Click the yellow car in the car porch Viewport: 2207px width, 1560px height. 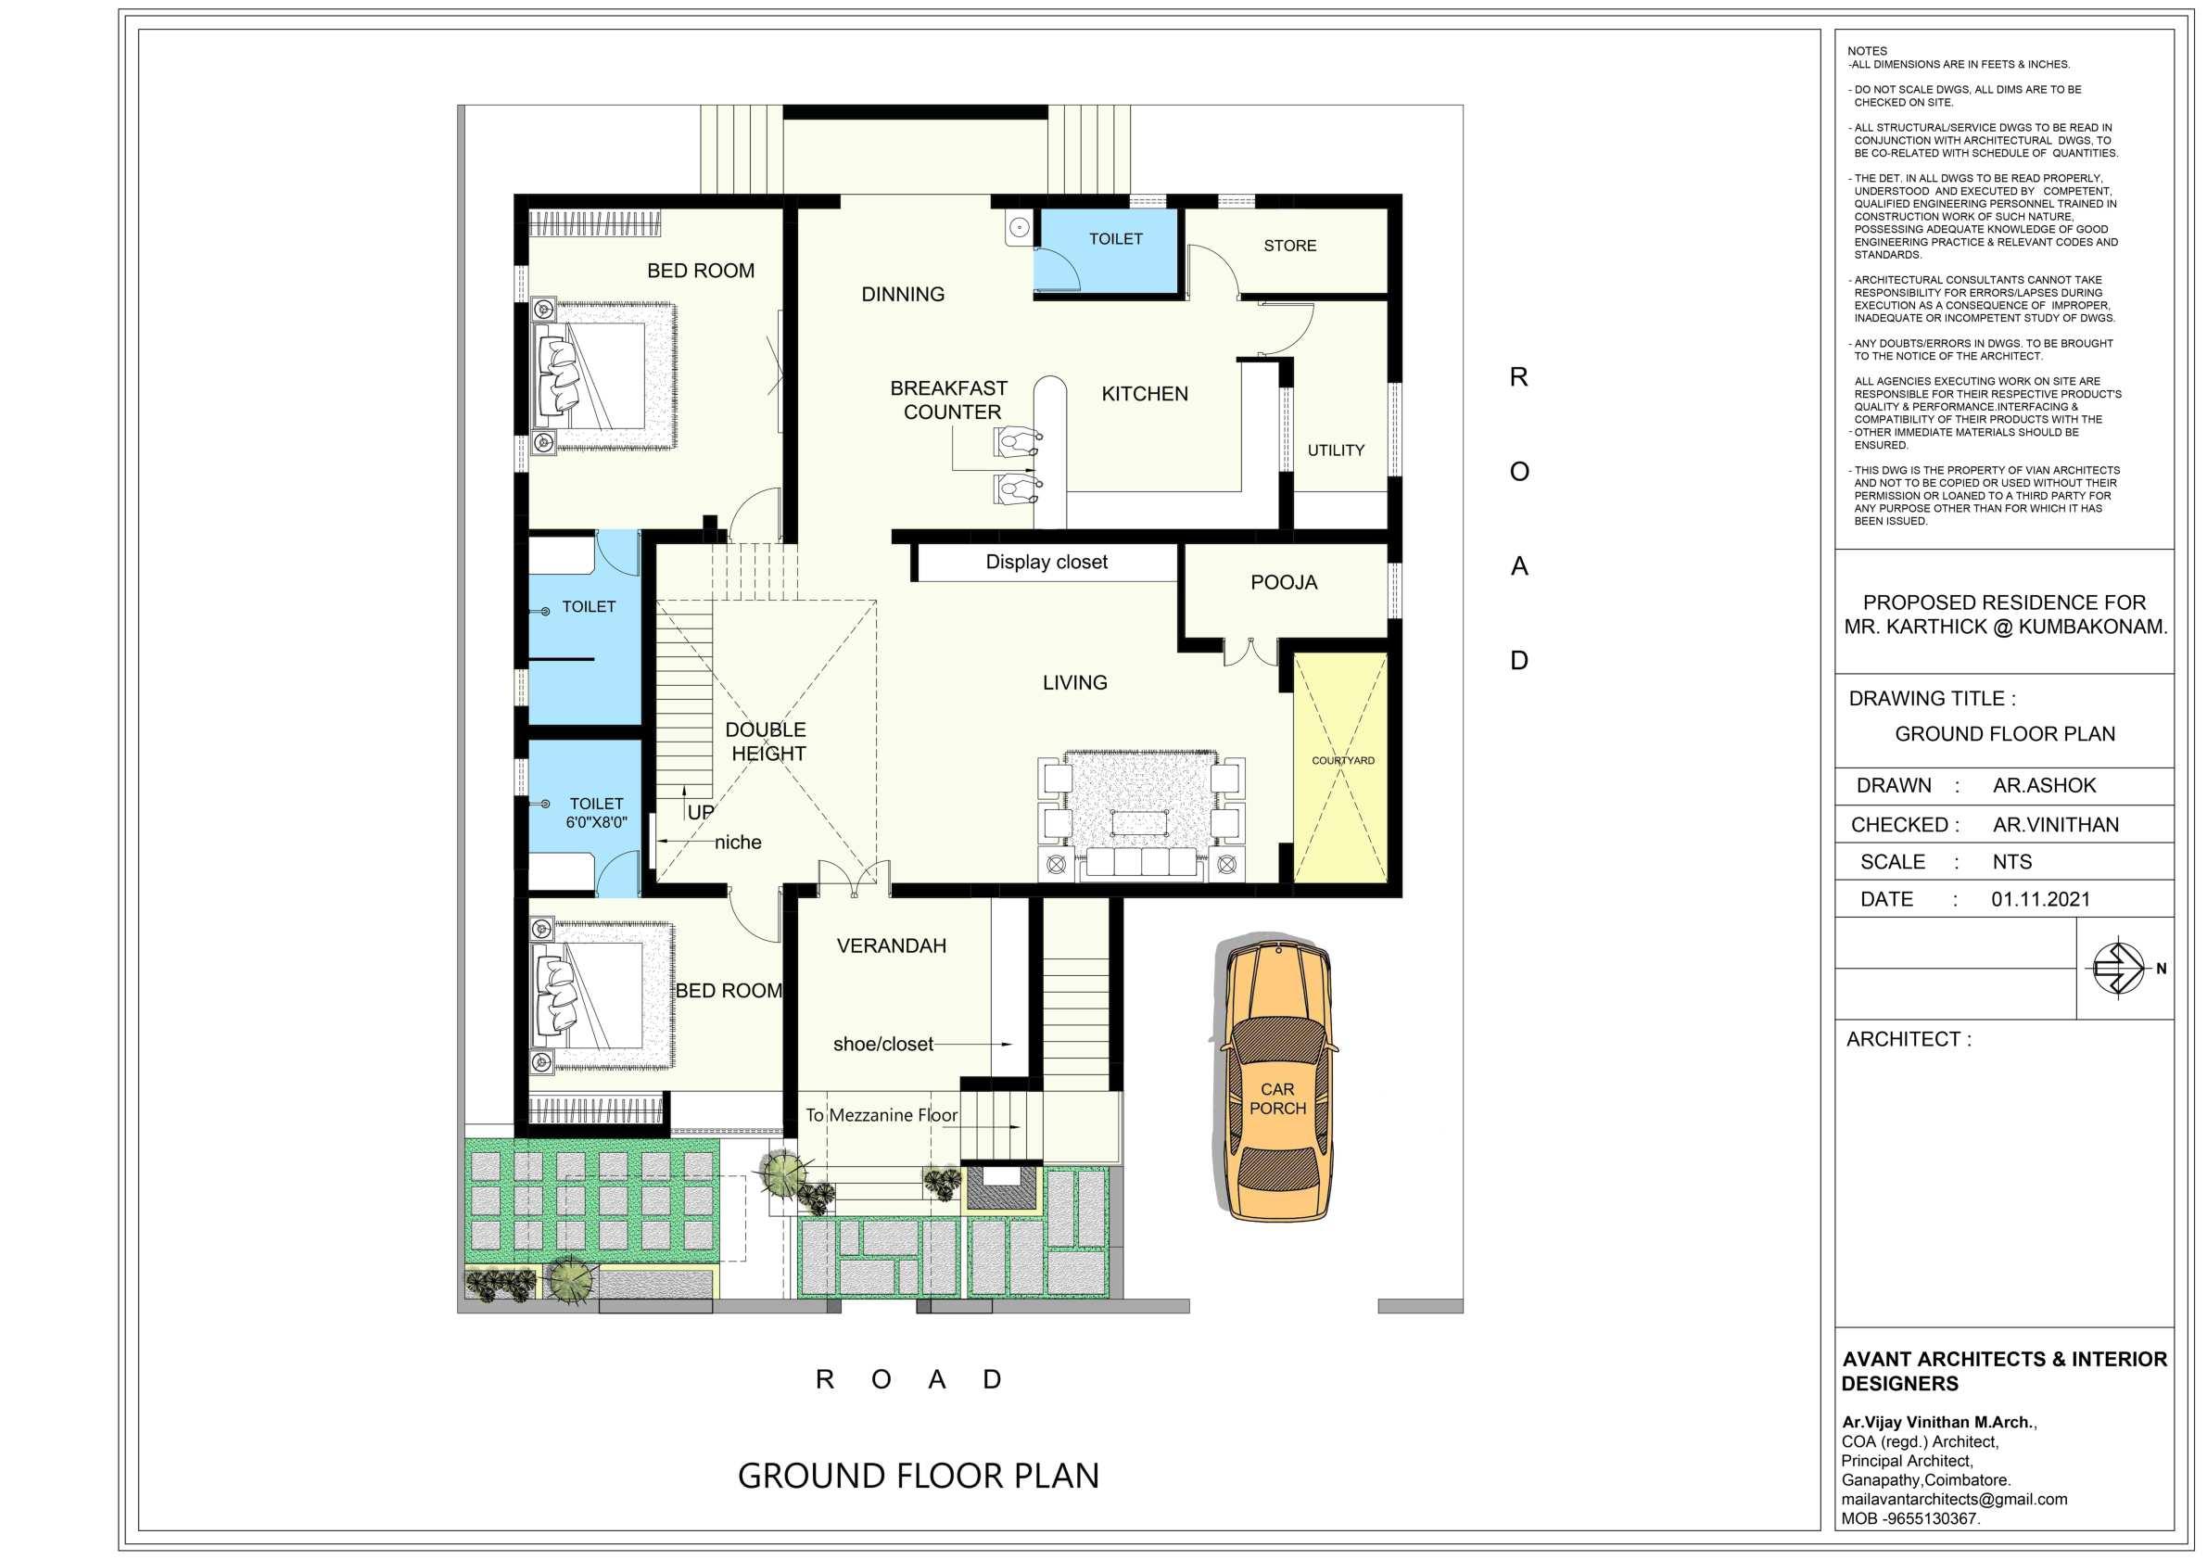(x=1276, y=1080)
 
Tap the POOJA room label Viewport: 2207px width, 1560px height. (x=1283, y=582)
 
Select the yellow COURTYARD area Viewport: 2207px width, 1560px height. (x=1341, y=767)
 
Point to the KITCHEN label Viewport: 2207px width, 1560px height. (x=1144, y=394)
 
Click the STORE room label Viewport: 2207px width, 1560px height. (x=1290, y=246)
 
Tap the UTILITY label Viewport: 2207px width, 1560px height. (x=1335, y=450)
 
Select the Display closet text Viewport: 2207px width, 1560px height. (x=1046, y=563)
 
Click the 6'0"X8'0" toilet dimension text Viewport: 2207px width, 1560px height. (x=596, y=823)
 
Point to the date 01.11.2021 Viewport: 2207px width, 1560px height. (x=2040, y=900)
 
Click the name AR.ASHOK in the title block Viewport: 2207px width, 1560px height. (x=2044, y=785)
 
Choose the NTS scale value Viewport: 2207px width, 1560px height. (x=2011, y=862)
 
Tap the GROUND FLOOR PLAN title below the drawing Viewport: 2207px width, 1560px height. (x=918, y=1476)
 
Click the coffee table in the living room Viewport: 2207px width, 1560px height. (x=1139, y=822)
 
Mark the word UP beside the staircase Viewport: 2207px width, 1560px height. (x=701, y=812)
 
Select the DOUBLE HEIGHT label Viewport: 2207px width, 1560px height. (x=767, y=742)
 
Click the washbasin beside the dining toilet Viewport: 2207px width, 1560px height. (x=1019, y=228)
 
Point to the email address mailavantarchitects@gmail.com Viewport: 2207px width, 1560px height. (x=1954, y=1500)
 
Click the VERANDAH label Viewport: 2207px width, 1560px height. (x=891, y=945)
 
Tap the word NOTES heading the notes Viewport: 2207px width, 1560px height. (x=1867, y=51)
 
